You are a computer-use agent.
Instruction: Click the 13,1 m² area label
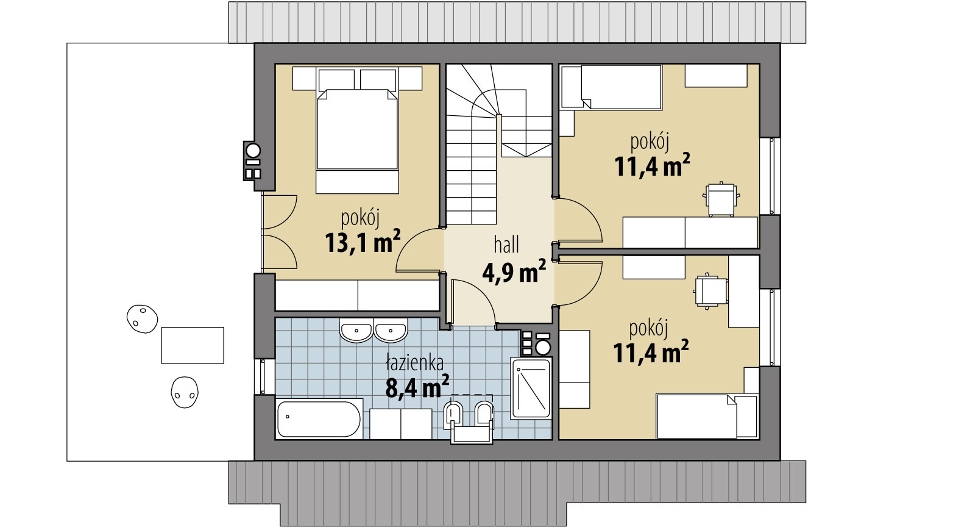tap(363, 242)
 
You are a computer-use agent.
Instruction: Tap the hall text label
tap(506, 245)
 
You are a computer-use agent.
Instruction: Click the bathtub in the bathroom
tap(319, 418)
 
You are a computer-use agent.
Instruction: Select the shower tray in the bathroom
tap(531, 389)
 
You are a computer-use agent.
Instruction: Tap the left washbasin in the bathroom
tap(356, 331)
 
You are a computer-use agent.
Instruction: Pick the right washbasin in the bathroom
tap(391, 331)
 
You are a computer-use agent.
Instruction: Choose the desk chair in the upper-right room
tap(722, 199)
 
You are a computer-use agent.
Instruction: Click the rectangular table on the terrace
tap(193, 345)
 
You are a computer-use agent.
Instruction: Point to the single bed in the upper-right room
tap(611, 87)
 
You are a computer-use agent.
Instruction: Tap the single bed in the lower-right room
tap(706, 416)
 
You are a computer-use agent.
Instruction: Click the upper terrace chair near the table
tap(142, 319)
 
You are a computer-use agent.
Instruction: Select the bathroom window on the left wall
tap(263, 376)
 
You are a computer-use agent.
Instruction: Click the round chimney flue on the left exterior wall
tap(253, 151)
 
